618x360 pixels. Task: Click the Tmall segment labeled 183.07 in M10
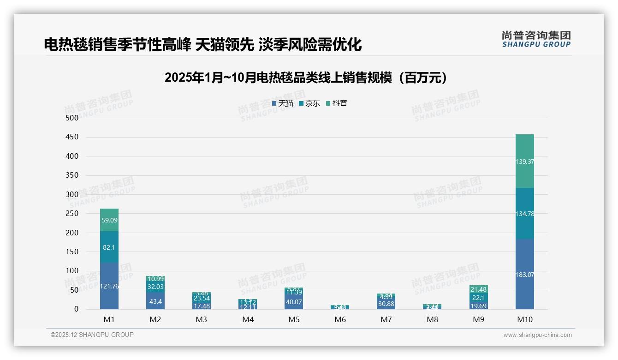(524, 274)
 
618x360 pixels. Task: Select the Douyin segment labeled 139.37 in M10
(524, 161)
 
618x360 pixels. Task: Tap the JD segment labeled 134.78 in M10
(524, 213)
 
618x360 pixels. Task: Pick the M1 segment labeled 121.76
(109, 286)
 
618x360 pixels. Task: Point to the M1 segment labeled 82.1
(109, 247)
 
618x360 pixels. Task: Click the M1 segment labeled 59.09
(109, 220)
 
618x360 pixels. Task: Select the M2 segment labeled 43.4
(155, 301)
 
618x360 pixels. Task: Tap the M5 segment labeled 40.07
(294, 302)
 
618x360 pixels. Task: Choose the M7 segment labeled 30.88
(386, 304)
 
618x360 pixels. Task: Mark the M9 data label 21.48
(478, 289)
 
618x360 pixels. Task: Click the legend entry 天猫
(283, 103)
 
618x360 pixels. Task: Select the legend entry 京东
(309, 103)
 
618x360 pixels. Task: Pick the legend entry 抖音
(337, 103)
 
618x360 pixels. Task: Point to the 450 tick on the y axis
(71, 137)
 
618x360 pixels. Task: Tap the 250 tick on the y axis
(71, 214)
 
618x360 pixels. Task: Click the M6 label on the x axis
(340, 319)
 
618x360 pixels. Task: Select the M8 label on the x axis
(432, 319)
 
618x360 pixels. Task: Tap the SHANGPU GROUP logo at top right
(536, 39)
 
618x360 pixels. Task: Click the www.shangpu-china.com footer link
(537, 335)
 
